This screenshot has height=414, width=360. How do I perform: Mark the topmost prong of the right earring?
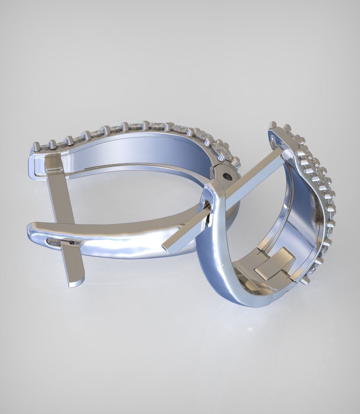272,125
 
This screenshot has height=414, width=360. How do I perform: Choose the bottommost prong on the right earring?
305,280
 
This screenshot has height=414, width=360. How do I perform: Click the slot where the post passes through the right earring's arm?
210,218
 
